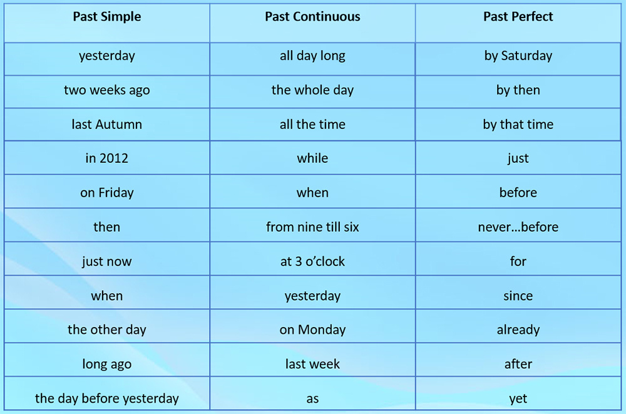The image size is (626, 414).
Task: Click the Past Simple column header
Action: coord(106,17)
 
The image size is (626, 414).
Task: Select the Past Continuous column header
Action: coord(312,17)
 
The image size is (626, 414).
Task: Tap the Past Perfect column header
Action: coord(518,17)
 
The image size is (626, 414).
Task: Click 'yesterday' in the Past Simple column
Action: coord(106,56)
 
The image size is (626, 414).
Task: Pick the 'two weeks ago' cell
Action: coord(106,90)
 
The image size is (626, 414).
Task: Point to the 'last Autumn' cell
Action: coord(106,124)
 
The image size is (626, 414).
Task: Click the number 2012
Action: coord(114,158)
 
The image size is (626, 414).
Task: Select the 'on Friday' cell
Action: coord(106,193)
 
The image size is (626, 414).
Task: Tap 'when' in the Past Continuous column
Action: coord(312,193)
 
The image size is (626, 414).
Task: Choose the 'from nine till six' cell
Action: coord(312,227)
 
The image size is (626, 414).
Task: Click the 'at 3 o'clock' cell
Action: coord(312,261)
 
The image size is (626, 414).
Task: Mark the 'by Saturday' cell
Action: coord(518,56)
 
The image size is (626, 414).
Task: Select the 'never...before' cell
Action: coord(518,227)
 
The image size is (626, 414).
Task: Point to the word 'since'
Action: coord(518,296)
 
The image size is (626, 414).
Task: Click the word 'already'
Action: coord(518,330)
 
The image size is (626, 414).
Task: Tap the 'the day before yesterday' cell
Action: coord(106,398)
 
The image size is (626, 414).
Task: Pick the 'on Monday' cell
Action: coord(312,330)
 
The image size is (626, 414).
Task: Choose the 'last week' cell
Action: coord(312,364)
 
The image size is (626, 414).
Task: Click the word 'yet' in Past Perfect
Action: coord(518,399)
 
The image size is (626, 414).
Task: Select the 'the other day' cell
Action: coord(106,330)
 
